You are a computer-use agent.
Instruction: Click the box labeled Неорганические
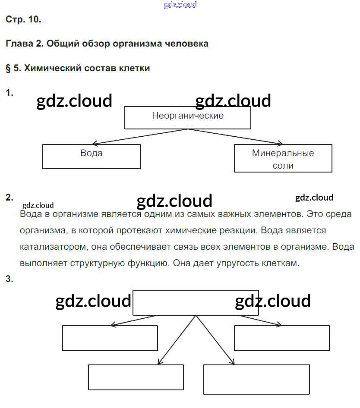coord(188,117)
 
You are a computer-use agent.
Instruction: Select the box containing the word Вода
coord(92,156)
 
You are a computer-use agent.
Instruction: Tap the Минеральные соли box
coord(283,158)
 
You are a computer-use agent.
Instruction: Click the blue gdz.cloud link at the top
coord(180,5)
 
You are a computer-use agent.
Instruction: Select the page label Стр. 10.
coord(23,19)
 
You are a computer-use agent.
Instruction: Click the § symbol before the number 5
coord(8,68)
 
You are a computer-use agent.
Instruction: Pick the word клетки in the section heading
coord(136,68)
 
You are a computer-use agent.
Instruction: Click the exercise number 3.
coord(9,279)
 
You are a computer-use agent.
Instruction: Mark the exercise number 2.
coord(9,198)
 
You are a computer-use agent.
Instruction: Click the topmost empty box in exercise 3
coord(196,303)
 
